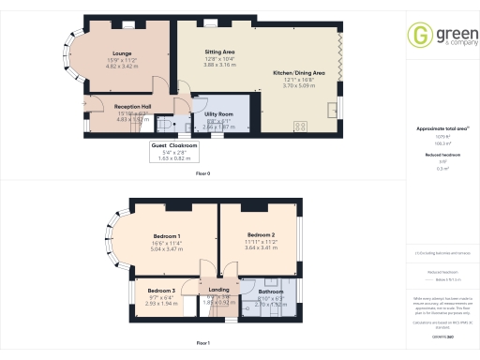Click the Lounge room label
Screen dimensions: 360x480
(121, 53)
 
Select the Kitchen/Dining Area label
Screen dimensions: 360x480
(298, 72)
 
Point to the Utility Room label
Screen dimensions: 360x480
(217, 112)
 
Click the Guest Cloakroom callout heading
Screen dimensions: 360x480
(174, 147)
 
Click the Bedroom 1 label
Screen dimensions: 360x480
(166, 235)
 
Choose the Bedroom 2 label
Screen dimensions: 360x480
(261, 234)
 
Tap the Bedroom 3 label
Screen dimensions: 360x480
(161, 291)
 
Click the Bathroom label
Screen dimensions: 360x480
(270, 292)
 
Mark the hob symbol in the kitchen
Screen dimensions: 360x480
(302, 126)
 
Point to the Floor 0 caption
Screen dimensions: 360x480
(203, 174)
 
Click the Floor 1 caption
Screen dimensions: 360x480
(203, 343)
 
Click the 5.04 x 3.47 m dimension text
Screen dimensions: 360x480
(166, 250)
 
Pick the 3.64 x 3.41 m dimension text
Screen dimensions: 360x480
(261, 248)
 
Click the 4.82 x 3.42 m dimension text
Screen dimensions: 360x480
(121, 67)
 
